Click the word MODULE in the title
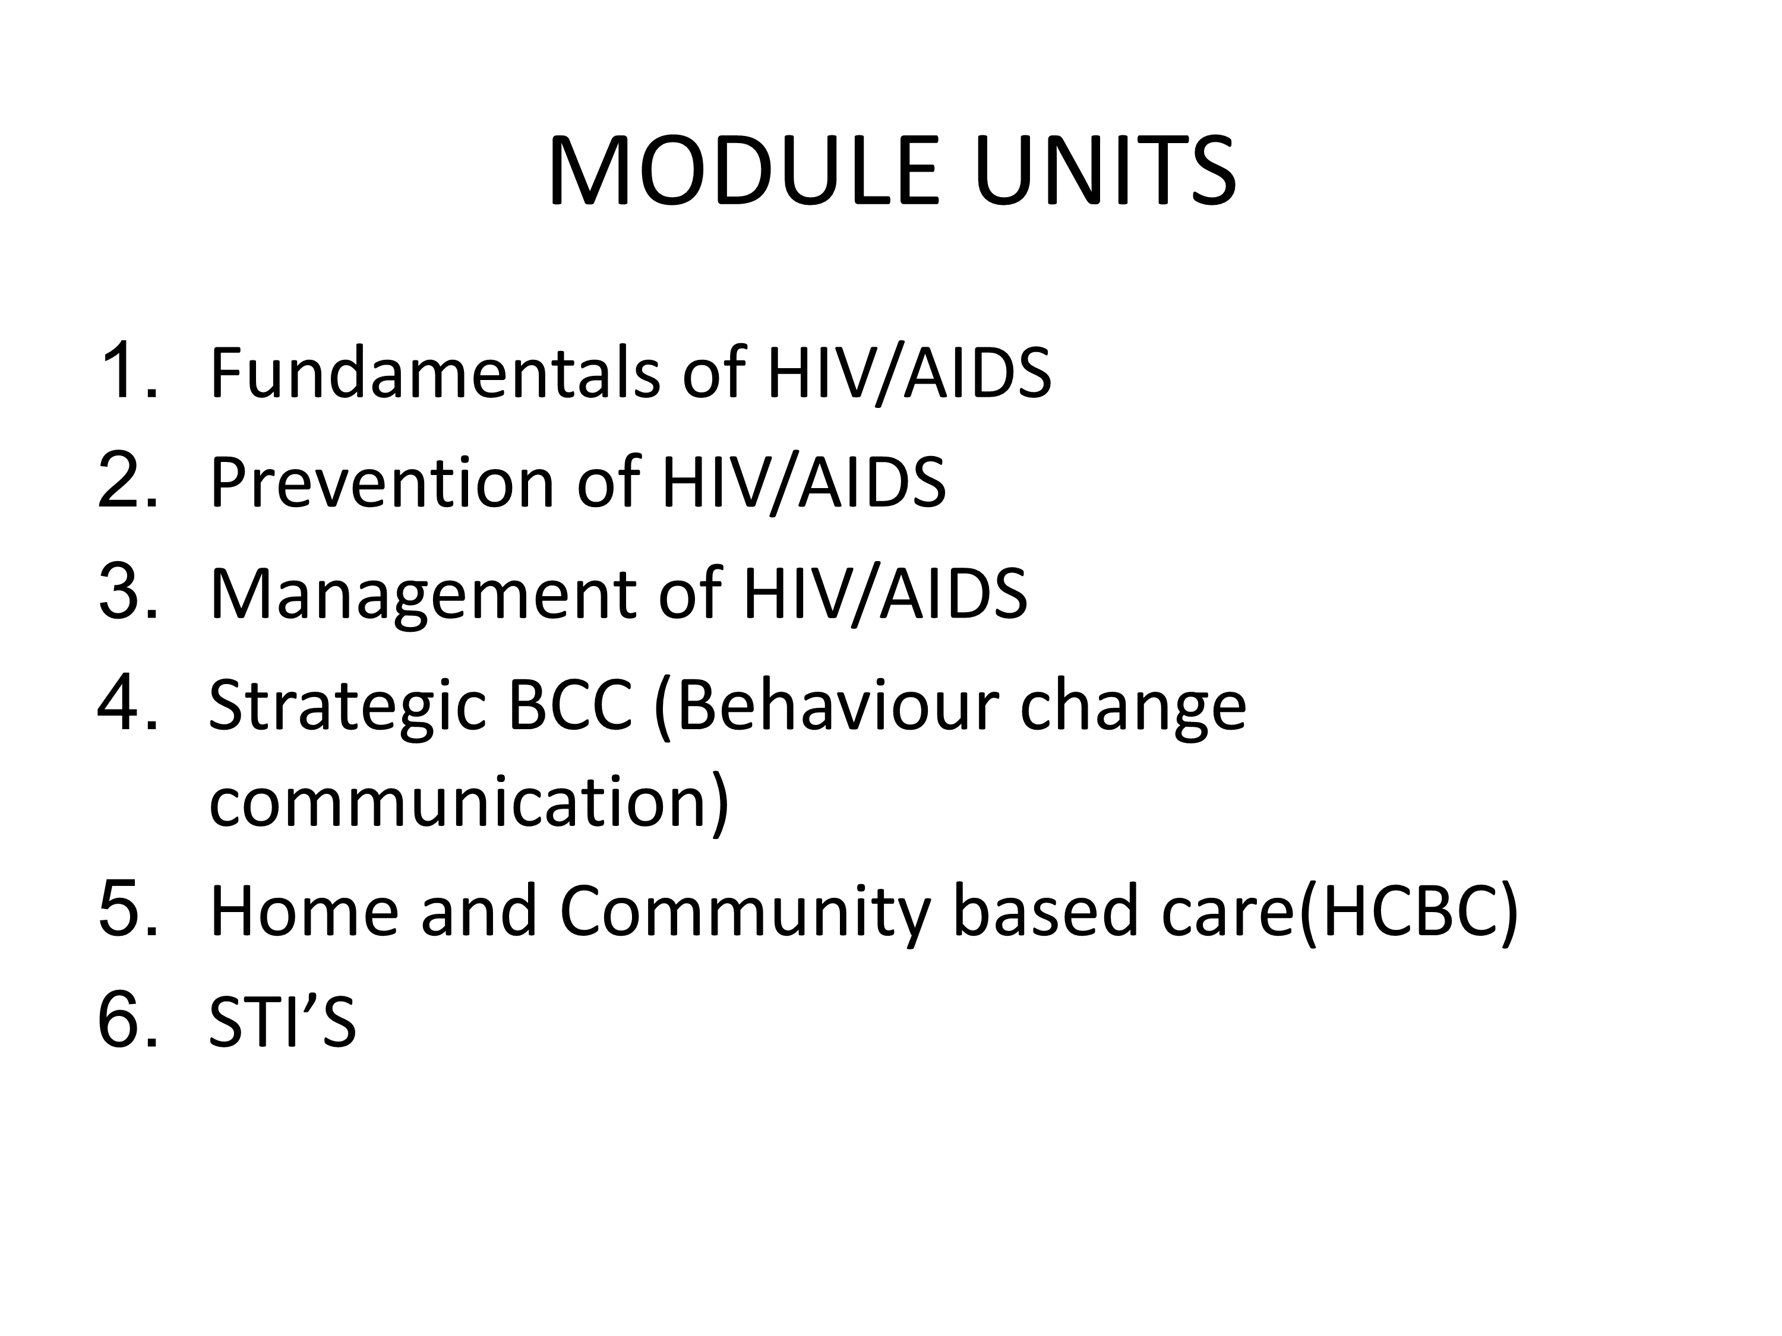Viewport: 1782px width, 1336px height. (744, 171)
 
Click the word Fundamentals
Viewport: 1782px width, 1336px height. (435, 372)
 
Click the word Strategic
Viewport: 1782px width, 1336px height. (348, 708)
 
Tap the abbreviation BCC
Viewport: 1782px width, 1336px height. (570, 705)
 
